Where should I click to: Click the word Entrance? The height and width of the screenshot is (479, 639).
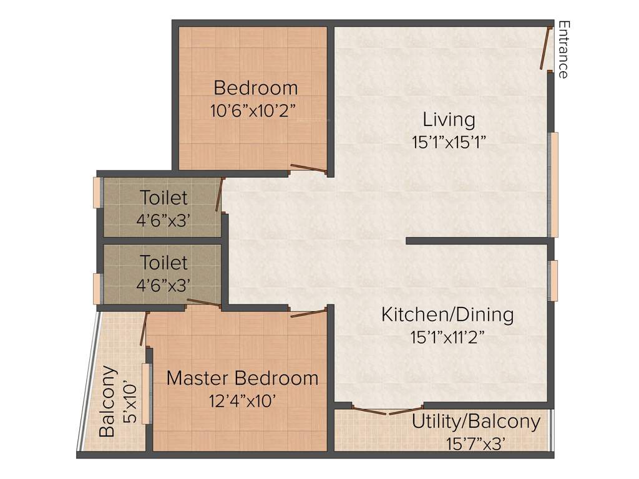point(563,50)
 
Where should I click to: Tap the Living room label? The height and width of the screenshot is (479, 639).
point(449,119)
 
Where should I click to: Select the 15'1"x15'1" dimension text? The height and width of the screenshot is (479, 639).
point(449,142)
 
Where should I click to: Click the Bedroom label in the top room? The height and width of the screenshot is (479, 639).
point(255,87)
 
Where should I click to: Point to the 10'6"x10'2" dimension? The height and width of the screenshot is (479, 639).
point(253,110)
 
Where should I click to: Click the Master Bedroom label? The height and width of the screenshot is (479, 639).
point(242,378)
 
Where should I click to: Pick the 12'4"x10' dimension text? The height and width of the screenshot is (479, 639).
point(243,400)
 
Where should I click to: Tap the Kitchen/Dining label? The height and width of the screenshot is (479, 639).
point(447,314)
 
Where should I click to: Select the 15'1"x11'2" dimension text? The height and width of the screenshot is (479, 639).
point(447,337)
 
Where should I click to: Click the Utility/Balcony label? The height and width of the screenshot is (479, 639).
point(476,422)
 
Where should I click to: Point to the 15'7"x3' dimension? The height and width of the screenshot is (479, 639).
point(476,443)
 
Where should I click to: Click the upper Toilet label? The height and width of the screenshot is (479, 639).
point(163,198)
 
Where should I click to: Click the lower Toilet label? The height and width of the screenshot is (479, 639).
point(163,261)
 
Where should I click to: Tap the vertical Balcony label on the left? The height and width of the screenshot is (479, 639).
point(107,401)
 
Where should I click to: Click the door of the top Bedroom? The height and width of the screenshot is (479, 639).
point(308,168)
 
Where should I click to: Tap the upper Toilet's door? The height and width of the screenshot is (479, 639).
point(220,195)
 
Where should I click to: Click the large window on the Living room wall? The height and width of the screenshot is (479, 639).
point(553,184)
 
